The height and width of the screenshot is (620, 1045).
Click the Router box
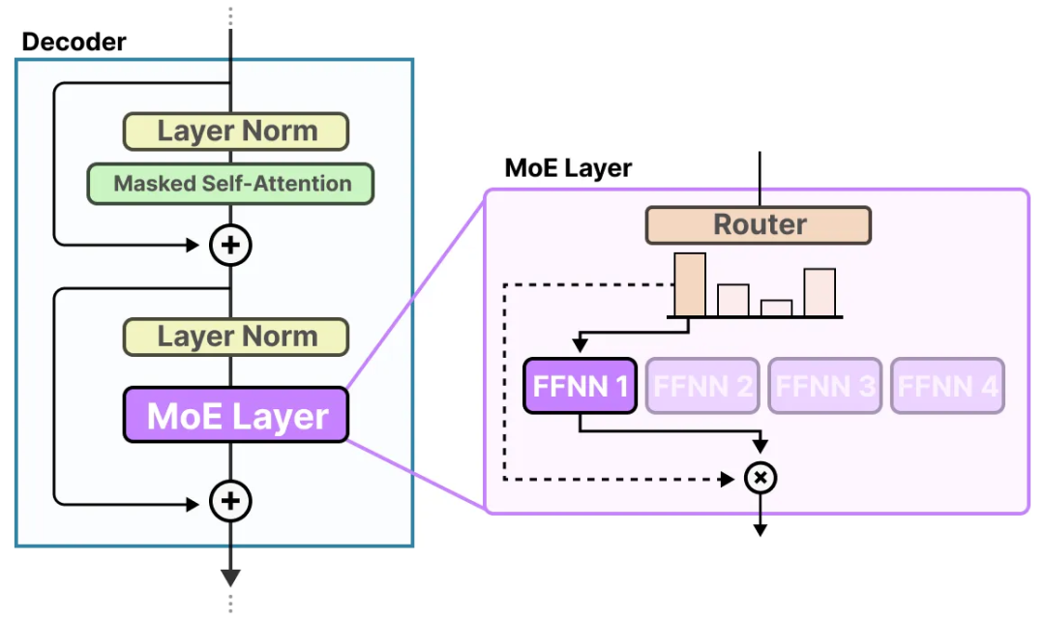tap(759, 224)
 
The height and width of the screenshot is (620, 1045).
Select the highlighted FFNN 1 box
tap(580, 386)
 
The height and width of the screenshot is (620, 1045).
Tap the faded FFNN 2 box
tap(702, 386)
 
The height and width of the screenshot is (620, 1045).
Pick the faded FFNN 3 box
tap(825, 386)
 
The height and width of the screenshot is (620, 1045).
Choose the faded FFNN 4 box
tap(947, 386)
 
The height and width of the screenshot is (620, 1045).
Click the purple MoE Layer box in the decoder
tap(236, 416)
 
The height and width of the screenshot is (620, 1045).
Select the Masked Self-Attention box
tap(231, 184)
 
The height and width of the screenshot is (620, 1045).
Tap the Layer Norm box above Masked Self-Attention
tap(236, 132)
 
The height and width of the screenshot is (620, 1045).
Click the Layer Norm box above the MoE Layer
tap(236, 337)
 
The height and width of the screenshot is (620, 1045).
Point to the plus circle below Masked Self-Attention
tap(230, 246)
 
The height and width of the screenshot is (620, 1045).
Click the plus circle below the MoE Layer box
tap(230, 501)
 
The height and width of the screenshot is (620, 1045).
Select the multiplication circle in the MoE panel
tap(761, 478)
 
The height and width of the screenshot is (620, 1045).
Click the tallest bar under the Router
tap(690, 284)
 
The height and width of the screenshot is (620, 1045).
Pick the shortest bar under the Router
tap(776, 308)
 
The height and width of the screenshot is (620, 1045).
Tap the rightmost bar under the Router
tap(819, 292)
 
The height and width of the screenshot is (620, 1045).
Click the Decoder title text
tap(74, 42)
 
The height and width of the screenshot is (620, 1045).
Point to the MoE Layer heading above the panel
tap(568, 168)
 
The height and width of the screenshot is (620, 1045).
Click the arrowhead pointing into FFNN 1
tap(580, 344)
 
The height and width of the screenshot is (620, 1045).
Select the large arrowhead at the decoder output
tap(230, 577)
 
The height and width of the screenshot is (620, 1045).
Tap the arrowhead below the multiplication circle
tap(761, 529)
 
